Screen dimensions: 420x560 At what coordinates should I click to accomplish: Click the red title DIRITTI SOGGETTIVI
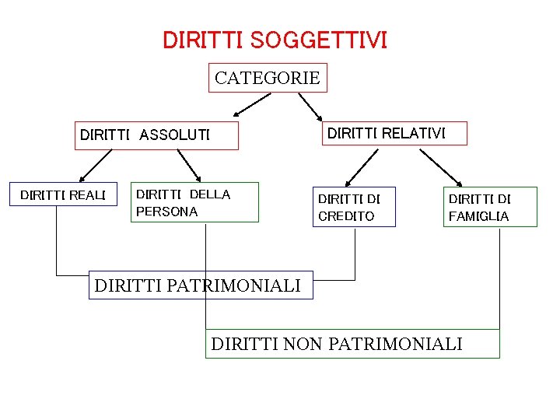tap(275, 40)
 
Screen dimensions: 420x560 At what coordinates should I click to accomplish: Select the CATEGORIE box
tap(268, 78)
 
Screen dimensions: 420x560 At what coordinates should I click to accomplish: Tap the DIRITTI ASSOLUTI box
tap(156, 135)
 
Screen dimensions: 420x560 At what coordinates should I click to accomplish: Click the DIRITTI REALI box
tap(62, 194)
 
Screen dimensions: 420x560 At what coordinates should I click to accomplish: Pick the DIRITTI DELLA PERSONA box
tap(194, 202)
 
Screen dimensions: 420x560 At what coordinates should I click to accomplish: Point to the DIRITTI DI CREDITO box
tap(354, 207)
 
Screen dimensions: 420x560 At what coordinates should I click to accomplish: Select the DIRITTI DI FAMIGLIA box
tap(490, 207)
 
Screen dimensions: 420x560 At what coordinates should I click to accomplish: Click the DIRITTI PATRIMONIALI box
tap(200, 285)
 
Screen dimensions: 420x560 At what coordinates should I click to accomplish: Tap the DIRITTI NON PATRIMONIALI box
tap(352, 343)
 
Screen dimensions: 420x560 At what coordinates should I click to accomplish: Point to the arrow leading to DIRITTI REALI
tap(94, 166)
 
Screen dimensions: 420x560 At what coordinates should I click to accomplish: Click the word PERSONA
tap(166, 211)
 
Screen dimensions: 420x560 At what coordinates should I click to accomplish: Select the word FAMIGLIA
tap(478, 216)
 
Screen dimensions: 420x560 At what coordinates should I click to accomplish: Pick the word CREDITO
tap(346, 216)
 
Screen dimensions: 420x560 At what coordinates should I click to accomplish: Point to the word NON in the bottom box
tap(308, 343)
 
